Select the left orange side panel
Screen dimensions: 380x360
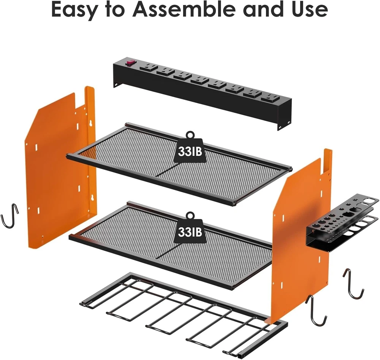click(x=62, y=167)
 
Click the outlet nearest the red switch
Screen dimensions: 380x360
click(x=148, y=68)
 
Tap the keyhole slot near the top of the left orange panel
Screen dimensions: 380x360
click(x=91, y=124)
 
